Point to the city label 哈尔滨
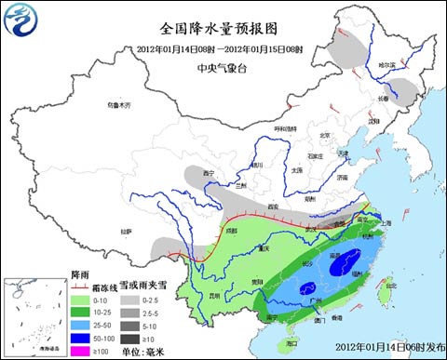(386, 65)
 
